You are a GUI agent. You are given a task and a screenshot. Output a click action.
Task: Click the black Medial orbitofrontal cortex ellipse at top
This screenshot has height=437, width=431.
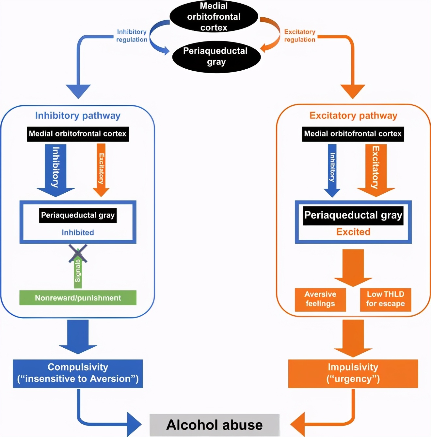pos(214,16)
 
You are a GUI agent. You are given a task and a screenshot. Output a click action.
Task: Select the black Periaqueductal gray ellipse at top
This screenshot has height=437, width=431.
pos(216,57)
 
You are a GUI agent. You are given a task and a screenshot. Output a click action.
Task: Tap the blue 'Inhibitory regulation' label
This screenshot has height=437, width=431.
pos(132,36)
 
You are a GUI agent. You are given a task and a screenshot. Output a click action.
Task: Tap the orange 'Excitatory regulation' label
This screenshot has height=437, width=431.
pos(299,36)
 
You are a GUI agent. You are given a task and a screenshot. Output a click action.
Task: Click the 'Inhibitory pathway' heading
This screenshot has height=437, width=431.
pos(78,115)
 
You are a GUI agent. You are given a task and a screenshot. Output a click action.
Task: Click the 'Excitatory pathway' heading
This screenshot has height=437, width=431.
pos(353,115)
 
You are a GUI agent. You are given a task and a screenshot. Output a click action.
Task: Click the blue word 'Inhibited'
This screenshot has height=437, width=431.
pos(78,233)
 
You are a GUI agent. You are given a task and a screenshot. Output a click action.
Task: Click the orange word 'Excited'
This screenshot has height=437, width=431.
pos(353,232)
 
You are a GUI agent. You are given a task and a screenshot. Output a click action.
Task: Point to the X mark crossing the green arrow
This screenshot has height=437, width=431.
pos(78,253)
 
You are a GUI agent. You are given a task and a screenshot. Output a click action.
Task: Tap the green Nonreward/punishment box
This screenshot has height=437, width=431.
pos(78,298)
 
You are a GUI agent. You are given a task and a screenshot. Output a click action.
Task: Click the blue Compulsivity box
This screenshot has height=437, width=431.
pos(78,373)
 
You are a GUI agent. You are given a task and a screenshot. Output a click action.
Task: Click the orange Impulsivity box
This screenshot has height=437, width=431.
pos(353,373)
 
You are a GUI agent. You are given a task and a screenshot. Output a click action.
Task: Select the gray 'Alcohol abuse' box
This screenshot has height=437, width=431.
pos(215,425)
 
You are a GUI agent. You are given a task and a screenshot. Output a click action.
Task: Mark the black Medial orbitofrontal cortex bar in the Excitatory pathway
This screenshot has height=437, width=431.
pos(353,134)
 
